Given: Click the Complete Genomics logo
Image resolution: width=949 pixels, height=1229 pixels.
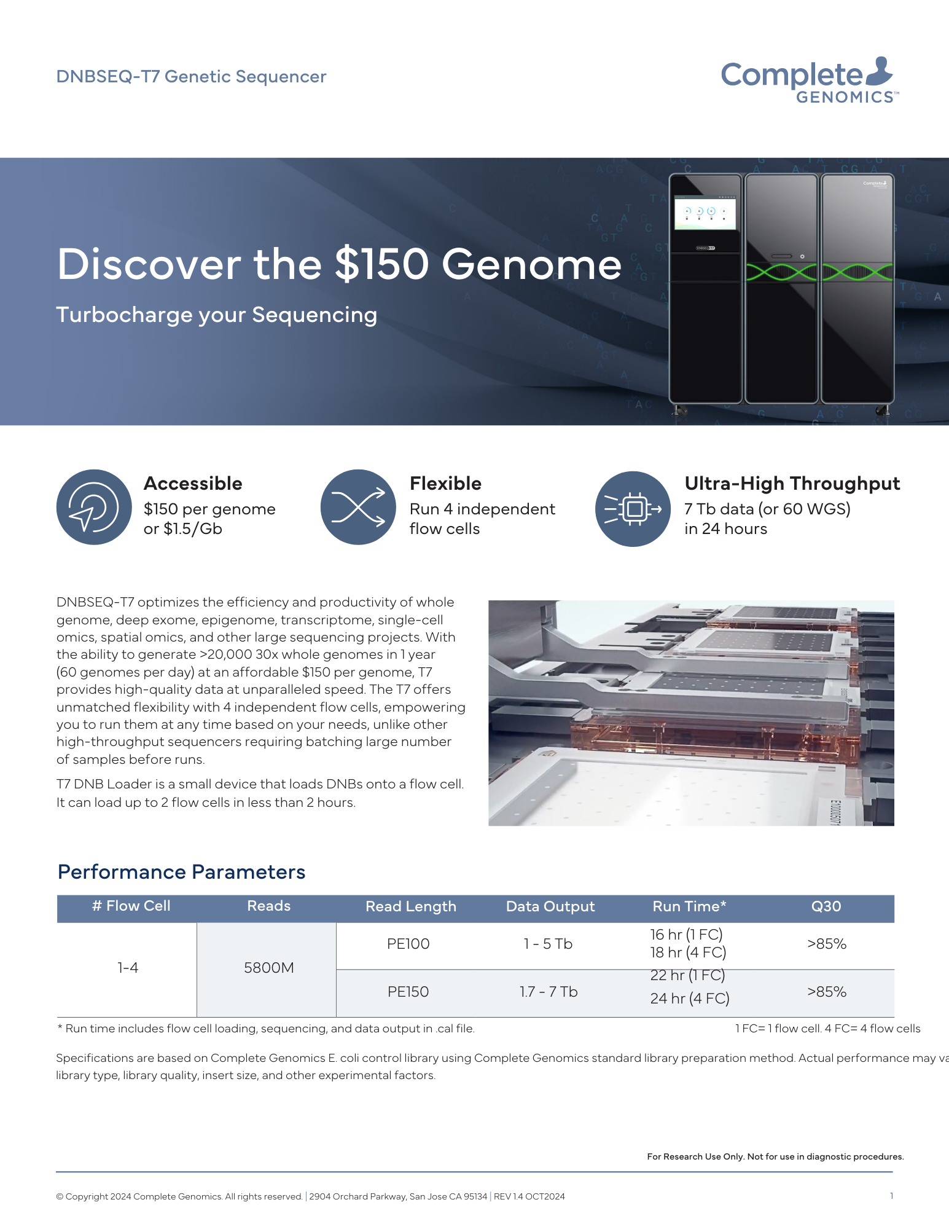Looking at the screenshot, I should pyautogui.click(x=809, y=80).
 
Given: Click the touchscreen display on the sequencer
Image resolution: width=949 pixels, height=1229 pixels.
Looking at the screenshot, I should pyautogui.click(x=705, y=213).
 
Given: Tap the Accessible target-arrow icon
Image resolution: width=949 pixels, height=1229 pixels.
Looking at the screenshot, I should pyautogui.click(x=94, y=507).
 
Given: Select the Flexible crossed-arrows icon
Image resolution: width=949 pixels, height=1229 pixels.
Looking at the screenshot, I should pyautogui.click(x=358, y=507).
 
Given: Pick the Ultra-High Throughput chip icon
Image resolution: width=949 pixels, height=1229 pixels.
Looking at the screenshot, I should pyautogui.click(x=633, y=509).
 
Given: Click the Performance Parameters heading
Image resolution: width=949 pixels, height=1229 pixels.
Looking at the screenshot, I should pyautogui.click(x=181, y=872).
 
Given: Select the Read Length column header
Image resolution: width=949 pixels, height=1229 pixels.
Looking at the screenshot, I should pyautogui.click(x=411, y=906).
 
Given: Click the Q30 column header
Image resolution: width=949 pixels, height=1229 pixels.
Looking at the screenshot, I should pyautogui.click(x=826, y=906).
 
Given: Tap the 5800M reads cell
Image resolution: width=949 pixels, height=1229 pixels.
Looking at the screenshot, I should pyautogui.click(x=269, y=968).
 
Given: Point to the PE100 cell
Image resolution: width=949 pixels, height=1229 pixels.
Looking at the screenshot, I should pyautogui.click(x=408, y=944).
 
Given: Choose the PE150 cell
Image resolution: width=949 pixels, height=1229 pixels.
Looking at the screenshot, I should pyautogui.click(x=408, y=992).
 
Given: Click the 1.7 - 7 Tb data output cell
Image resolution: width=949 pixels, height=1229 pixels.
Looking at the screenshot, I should pyautogui.click(x=549, y=992).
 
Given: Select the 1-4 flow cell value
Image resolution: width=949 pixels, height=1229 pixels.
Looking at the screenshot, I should pyautogui.click(x=128, y=968).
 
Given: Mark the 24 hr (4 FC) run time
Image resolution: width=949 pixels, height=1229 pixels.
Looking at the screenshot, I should pyautogui.click(x=690, y=999).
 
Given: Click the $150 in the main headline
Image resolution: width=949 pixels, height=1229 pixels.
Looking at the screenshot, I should pyautogui.click(x=381, y=264).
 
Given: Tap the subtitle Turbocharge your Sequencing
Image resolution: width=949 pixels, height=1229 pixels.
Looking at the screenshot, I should pyautogui.click(x=217, y=315).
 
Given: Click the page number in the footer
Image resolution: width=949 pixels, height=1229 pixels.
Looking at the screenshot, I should pyautogui.click(x=891, y=1196).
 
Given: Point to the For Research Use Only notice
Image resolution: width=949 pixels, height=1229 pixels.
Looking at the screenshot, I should pyautogui.click(x=775, y=1156).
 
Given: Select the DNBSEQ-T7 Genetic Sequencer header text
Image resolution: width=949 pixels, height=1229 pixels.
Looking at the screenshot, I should pyautogui.click(x=191, y=77).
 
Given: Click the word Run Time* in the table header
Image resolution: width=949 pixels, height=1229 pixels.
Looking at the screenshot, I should pyautogui.click(x=689, y=906).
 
